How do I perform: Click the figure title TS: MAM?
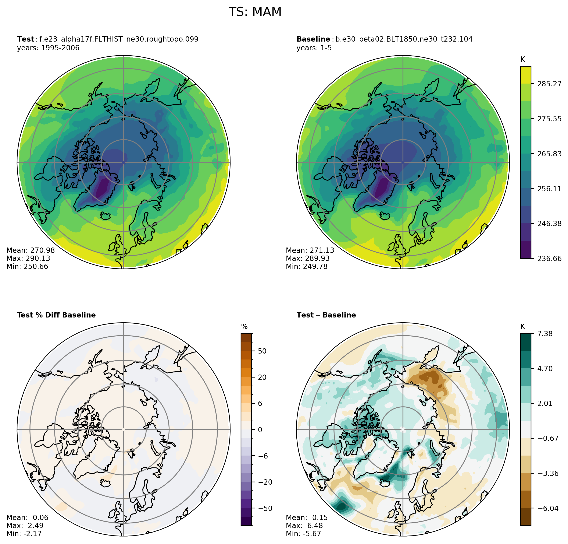[x=255, y=12]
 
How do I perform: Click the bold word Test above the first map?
[x=25, y=39]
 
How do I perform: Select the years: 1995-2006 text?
[x=48, y=48]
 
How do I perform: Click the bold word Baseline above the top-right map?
[x=313, y=39]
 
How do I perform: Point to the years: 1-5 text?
[x=314, y=48]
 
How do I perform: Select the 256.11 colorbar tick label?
[x=549, y=189]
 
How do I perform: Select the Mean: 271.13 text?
[x=310, y=250]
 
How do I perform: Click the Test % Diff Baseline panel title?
[x=56, y=315]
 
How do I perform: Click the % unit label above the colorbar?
[x=244, y=327]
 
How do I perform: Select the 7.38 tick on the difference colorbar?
[x=545, y=334]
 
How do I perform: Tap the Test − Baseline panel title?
[x=326, y=315]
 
